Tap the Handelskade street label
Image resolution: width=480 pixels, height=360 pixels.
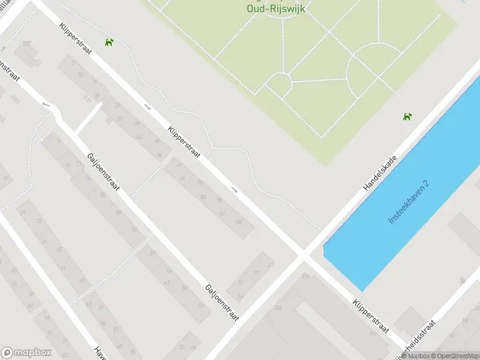pos(380,170)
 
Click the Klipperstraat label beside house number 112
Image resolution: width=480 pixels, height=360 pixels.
pos(371,317)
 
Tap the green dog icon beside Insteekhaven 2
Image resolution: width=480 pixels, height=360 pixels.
pos(408,116)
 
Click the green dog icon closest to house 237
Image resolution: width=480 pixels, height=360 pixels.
pos(109,41)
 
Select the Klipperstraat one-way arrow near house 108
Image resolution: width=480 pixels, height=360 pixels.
pos(235,191)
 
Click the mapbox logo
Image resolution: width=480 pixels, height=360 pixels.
pos(27,353)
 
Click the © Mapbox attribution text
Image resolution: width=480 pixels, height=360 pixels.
pos(414,356)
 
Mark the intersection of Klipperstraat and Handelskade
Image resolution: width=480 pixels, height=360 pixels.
pos(303,256)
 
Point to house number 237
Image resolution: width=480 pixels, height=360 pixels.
pos(26,43)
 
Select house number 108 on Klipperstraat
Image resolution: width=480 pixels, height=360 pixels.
pos(238,222)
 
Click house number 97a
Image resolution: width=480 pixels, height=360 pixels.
pos(306,275)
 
